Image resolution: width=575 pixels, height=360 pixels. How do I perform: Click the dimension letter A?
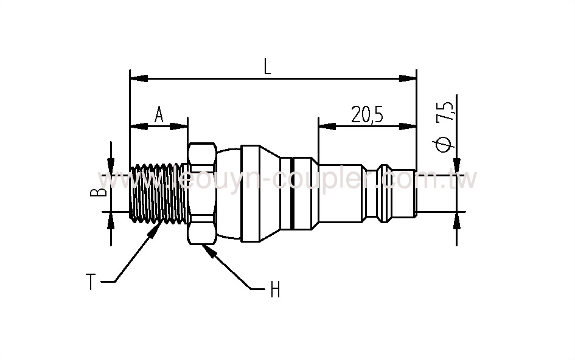158,114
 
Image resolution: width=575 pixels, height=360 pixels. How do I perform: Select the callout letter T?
90,282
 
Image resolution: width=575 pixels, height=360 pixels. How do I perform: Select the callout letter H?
274,291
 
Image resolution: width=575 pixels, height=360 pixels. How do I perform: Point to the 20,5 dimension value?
366,114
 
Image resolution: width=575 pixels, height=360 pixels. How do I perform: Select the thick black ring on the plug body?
293,193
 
